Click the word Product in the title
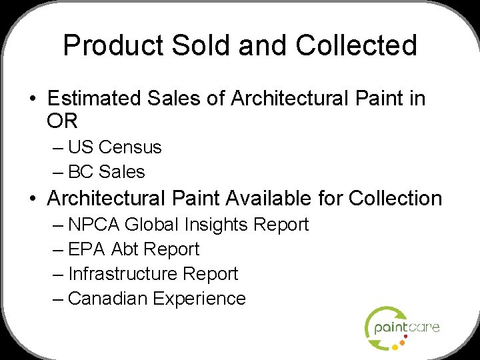(x=112, y=45)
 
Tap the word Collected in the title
(x=357, y=45)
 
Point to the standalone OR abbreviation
(x=63, y=121)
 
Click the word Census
(x=130, y=147)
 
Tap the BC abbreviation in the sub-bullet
(x=81, y=172)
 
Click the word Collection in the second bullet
(x=395, y=199)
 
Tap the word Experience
(x=199, y=299)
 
